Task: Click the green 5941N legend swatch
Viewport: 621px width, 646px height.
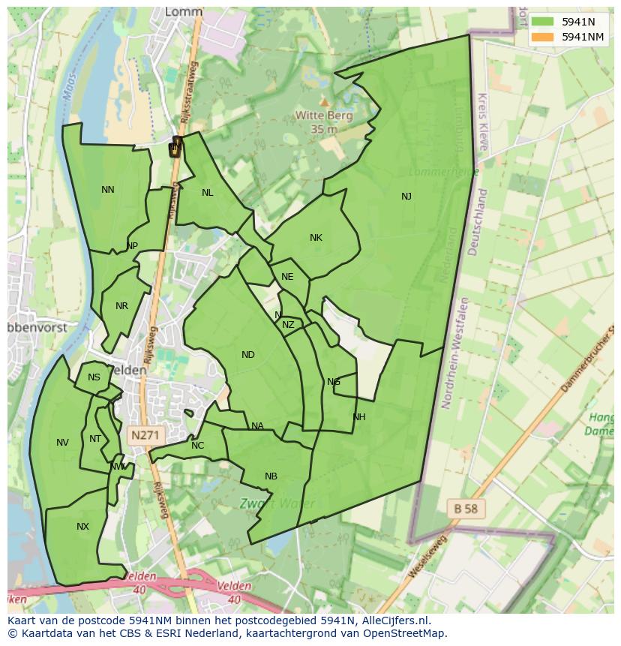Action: (x=543, y=23)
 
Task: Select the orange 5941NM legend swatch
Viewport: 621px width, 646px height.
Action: (x=543, y=37)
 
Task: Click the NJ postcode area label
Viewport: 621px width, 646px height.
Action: (x=406, y=197)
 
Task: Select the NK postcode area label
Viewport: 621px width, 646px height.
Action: (x=316, y=238)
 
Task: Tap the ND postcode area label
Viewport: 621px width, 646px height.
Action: (x=248, y=355)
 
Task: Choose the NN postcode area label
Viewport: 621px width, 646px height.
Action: (x=108, y=190)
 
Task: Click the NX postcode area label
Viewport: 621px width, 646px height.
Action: (x=82, y=527)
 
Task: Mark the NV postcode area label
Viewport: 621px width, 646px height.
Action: (x=62, y=443)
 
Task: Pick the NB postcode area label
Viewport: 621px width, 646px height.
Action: (x=271, y=476)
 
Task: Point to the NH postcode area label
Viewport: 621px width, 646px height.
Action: (x=359, y=417)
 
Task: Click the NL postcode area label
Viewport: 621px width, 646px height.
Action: (x=208, y=193)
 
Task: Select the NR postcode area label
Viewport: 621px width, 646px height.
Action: (x=122, y=306)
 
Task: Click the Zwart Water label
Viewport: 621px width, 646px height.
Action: (x=277, y=503)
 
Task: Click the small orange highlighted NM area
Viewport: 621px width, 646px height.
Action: (x=175, y=146)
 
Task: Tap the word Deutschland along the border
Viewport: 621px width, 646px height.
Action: (x=478, y=222)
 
